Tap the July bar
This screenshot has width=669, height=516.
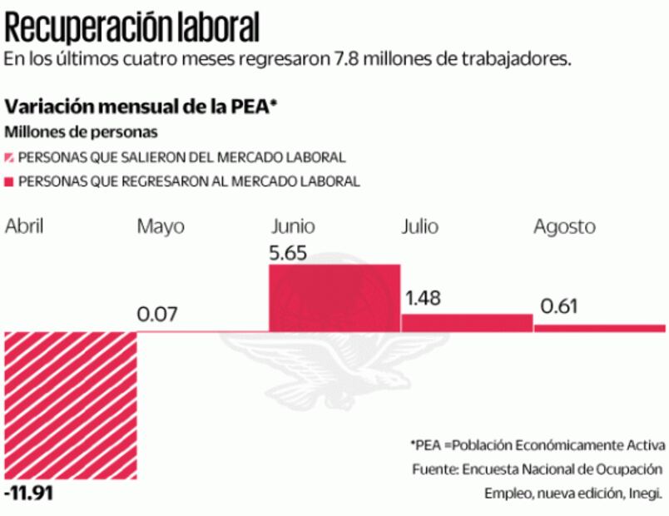coord(467,323)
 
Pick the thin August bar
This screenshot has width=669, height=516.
coord(599,328)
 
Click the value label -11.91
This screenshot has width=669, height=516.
coord(29,494)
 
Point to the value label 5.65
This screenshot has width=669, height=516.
coord(290,252)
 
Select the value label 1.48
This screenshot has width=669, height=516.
coord(423,298)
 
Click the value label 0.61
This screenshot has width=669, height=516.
coord(559,306)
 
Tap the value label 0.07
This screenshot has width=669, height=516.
coord(157,315)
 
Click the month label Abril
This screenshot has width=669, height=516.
coord(24,226)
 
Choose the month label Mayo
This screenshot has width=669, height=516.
coord(161,226)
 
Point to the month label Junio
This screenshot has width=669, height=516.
coord(293,226)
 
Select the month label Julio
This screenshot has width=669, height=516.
coord(419,226)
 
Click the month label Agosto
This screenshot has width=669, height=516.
coord(564,227)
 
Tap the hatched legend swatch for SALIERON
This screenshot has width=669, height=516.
coord(10,157)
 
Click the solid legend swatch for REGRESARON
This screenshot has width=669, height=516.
coord(10,181)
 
